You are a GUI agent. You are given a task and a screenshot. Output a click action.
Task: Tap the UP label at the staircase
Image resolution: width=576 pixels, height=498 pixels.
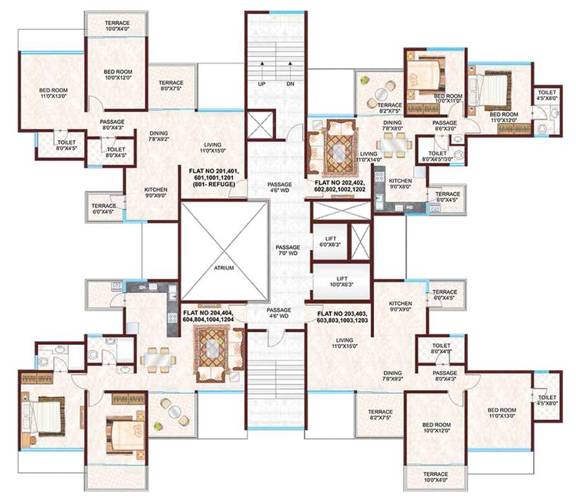tap(260, 84)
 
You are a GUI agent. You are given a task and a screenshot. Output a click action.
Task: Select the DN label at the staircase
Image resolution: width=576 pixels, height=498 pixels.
tap(290, 84)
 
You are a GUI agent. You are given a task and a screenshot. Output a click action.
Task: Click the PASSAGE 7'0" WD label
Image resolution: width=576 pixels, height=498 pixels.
tap(287, 251)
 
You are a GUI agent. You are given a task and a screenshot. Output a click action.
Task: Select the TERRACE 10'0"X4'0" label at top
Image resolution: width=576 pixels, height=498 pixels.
tap(118, 25)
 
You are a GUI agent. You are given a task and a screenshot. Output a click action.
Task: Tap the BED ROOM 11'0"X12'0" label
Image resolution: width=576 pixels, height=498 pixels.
tap(506, 116)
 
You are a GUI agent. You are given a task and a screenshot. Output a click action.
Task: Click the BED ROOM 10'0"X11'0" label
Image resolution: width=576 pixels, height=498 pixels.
tap(448, 98)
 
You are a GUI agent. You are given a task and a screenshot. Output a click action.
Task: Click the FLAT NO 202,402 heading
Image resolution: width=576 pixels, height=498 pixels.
tap(340, 184)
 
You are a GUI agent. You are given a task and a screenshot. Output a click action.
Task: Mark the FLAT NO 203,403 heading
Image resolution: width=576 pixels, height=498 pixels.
tap(342, 313)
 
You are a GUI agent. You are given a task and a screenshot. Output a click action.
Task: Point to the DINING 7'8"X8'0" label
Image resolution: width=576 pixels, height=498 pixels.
tap(393, 125)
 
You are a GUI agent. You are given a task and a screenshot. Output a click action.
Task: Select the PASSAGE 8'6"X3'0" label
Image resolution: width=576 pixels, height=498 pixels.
tap(445, 126)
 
